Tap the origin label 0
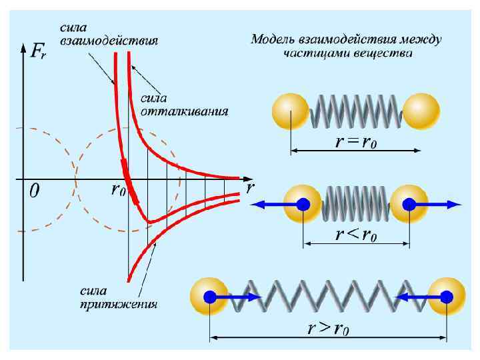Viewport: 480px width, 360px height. (x=35, y=191)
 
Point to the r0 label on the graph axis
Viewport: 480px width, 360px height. (x=117, y=191)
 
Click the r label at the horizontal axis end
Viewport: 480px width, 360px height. (x=250, y=188)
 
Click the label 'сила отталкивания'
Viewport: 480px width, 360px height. (x=184, y=104)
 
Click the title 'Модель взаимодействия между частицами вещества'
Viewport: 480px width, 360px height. (x=346, y=46)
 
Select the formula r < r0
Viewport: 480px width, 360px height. (x=356, y=235)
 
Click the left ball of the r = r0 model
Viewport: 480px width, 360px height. (x=291, y=111)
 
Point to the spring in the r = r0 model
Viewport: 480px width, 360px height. (x=356, y=111)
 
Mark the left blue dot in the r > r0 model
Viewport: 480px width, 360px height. (x=211, y=297)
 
